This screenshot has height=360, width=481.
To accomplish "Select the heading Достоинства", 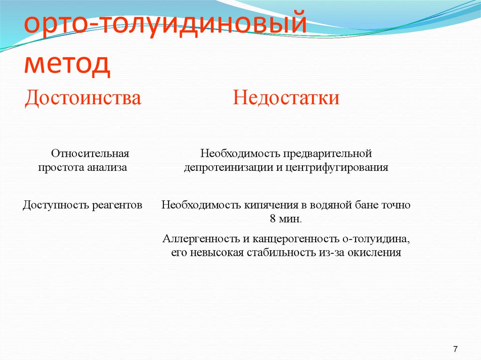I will [83, 99].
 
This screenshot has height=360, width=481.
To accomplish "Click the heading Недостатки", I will [286, 99].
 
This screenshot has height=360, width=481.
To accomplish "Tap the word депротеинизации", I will [227, 168].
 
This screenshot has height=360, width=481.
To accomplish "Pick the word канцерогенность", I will [283, 238].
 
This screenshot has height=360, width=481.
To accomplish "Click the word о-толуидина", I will [380, 238].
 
